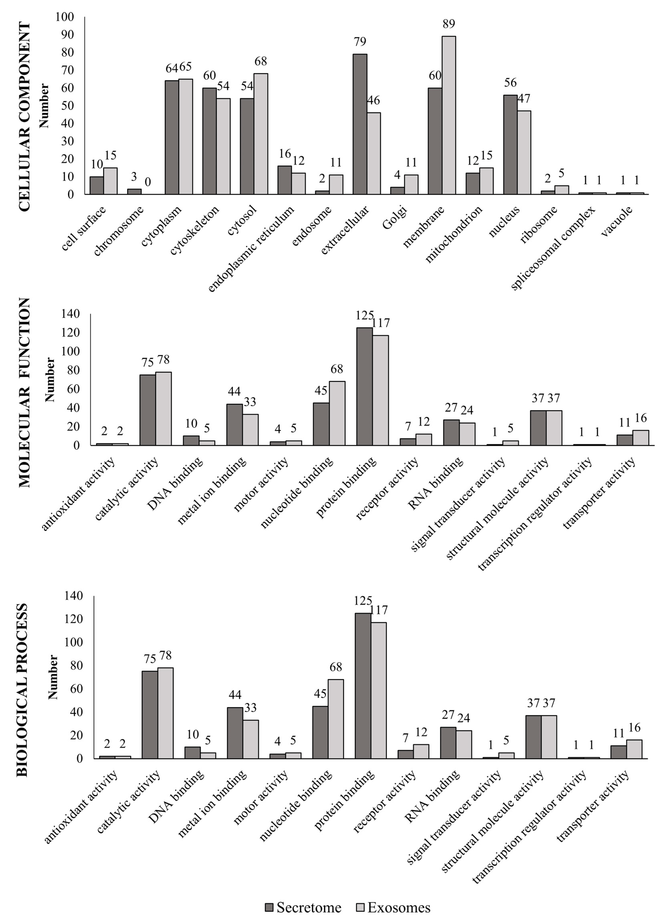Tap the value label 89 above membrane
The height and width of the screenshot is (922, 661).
pyautogui.click(x=449, y=24)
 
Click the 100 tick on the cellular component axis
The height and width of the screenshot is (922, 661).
pyautogui.click(x=65, y=17)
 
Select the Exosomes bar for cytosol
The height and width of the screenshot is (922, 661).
pyautogui.click(x=261, y=134)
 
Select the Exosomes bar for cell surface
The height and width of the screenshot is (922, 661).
pyautogui.click(x=110, y=181)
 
